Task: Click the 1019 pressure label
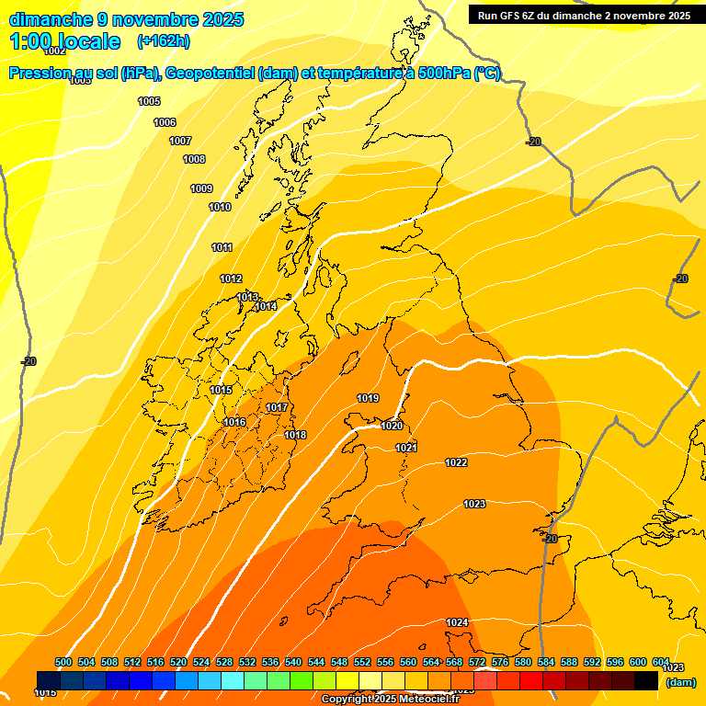(x=368, y=398)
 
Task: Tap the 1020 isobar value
(x=392, y=426)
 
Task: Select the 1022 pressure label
(x=456, y=462)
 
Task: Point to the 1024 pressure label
(x=457, y=622)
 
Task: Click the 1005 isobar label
(x=149, y=101)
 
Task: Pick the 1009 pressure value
(x=201, y=188)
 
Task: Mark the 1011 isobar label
(x=222, y=247)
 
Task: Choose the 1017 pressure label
(x=277, y=407)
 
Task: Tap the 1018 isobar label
(x=295, y=435)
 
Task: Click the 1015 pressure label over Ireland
(x=221, y=391)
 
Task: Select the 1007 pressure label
(x=180, y=141)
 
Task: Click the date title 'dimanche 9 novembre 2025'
(x=126, y=19)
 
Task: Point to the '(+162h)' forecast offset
(x=163, y=41)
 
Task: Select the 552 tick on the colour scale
(x=362, y=662)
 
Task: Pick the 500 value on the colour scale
(x=63, y=662)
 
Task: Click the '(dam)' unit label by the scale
(x=680, y=682)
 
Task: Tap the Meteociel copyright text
(x=389, y=700)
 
